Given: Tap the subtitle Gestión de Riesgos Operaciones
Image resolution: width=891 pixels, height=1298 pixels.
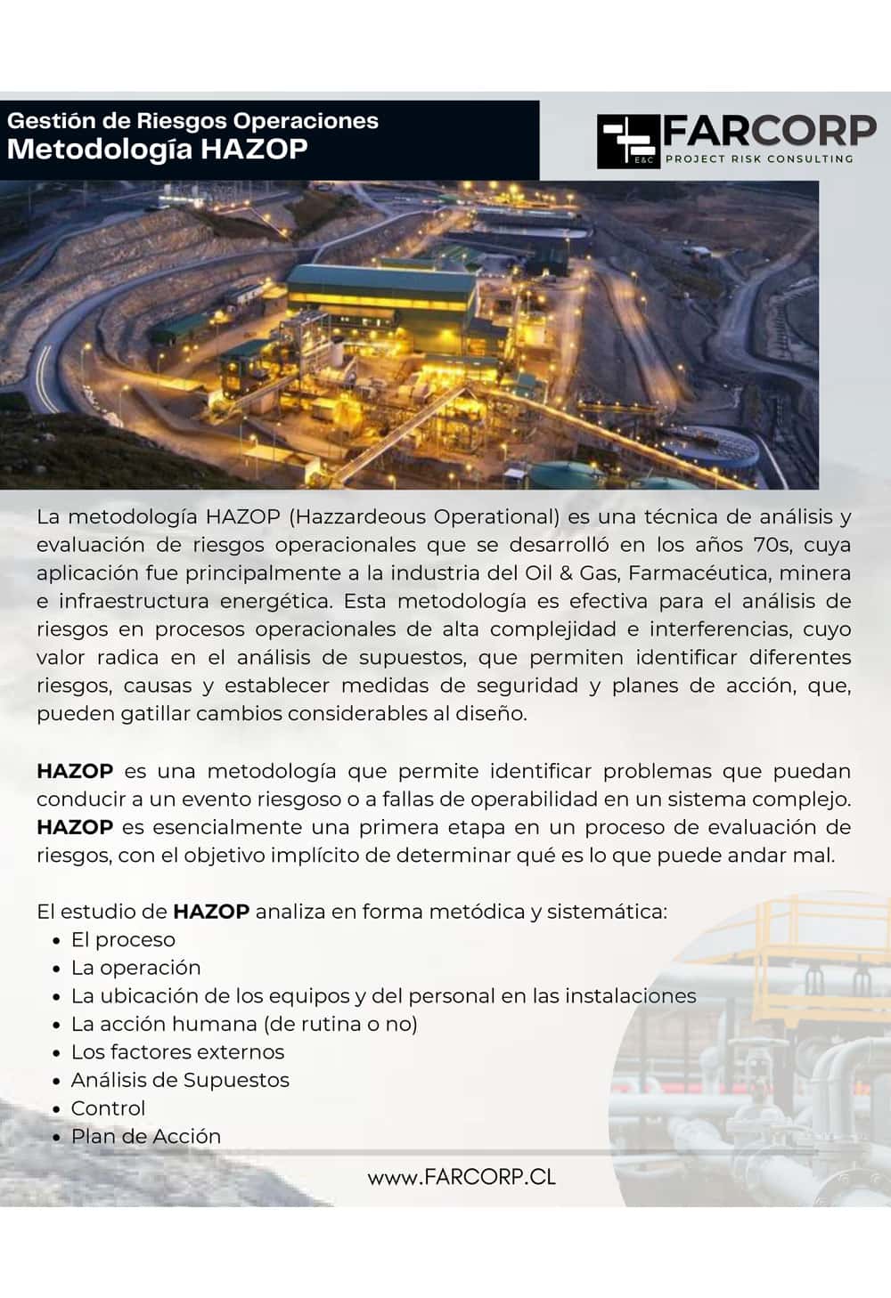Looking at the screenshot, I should [x=192, y=120].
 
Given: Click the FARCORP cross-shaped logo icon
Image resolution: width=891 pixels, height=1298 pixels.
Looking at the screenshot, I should [x=627, y=141].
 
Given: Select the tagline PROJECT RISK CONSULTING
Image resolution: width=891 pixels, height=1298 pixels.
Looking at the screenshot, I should [x=758, y=158].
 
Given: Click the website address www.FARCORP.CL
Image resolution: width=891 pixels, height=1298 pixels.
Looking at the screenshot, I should [x=462, y=1176].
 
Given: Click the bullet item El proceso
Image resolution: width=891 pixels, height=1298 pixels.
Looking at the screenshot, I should [x=123, y=939].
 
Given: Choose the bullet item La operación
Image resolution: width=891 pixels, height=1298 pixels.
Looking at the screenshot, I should [x=135, y=968].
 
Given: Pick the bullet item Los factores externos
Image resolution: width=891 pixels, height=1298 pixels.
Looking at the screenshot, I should [x=177, y=1052].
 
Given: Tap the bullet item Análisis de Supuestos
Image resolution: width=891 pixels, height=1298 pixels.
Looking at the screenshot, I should [x=180, y=1080].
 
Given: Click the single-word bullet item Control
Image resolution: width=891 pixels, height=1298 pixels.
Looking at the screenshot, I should [x=108, y=1108].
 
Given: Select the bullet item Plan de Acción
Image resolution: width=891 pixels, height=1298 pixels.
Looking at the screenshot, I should [x=145, y=1136].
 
